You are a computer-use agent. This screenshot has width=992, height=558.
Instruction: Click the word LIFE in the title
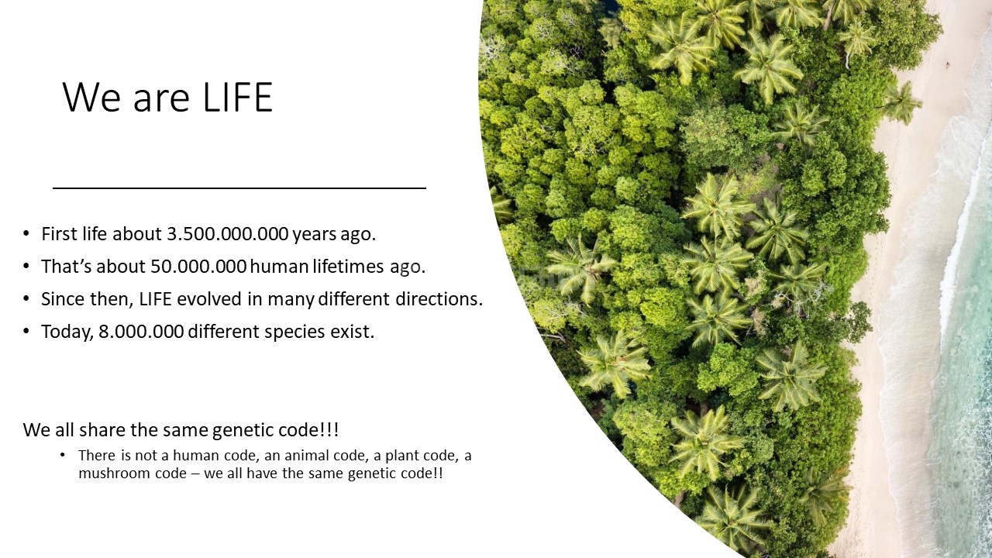238,97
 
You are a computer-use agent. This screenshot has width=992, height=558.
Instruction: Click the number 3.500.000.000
228,234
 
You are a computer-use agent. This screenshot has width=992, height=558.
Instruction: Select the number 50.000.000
198,266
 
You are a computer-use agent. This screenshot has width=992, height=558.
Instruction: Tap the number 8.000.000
141,331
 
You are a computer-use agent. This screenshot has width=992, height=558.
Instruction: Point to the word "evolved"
209,299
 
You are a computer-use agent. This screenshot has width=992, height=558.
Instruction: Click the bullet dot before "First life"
26,233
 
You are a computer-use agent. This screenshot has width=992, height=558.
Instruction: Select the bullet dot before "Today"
26,331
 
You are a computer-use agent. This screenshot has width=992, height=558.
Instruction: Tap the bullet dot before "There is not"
63,454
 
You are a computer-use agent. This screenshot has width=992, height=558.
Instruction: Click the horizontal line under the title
239,188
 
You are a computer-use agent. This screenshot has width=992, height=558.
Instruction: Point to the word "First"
59,234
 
